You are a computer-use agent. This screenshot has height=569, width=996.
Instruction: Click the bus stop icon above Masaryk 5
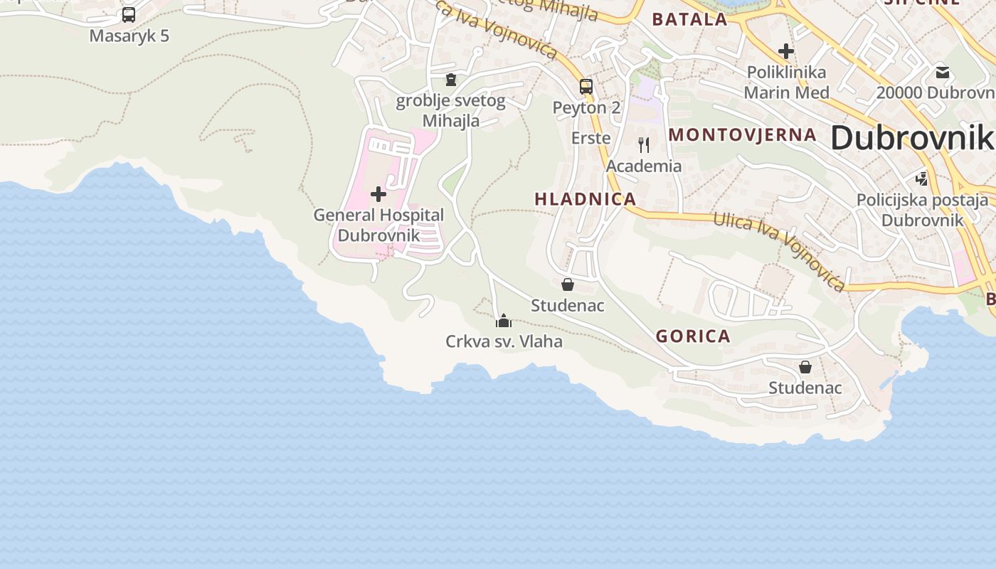click(129, 15)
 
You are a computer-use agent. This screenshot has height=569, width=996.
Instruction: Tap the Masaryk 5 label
click(129, 36)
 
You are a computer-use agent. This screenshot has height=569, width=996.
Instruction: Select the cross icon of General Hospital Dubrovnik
click(378, 193)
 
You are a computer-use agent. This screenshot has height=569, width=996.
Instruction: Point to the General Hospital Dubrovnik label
click(378, 225)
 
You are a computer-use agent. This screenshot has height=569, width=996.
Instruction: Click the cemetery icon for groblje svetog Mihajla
click(450, 79)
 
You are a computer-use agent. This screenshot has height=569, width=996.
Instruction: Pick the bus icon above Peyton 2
click(586, 87)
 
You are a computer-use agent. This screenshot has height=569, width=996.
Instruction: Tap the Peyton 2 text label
click(587, 108)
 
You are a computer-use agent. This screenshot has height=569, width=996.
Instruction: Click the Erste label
click(591, 138)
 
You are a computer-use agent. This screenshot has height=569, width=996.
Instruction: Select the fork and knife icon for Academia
click(644, 145)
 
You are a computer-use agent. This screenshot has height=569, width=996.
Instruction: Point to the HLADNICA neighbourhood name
click(586, 199)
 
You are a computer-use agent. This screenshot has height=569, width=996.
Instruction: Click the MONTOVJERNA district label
click(742, 134)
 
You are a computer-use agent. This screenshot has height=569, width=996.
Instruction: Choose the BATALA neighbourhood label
click(689, 19)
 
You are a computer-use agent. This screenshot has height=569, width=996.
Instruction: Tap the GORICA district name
click(693, 336)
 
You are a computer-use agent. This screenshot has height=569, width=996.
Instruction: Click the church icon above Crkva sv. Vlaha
click(504, 321)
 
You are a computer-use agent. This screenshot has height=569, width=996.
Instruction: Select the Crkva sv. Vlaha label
click(504, 341)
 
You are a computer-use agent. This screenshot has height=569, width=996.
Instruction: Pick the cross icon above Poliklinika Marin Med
click(786, 51)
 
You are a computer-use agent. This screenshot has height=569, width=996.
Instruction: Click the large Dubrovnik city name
click(912, 137)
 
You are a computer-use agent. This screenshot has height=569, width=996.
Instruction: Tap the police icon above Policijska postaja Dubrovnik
click(922, 179)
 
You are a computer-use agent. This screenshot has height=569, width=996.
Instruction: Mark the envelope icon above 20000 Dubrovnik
click(943, 73)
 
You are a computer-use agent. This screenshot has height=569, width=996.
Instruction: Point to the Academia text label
click(644, 166)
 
